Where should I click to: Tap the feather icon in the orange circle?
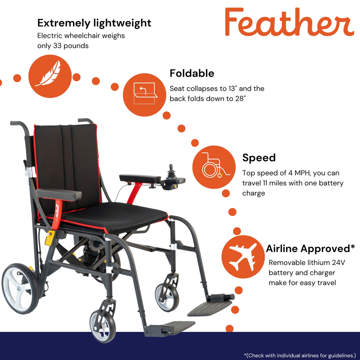50,76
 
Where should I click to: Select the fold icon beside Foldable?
144,95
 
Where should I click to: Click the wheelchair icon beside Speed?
214,167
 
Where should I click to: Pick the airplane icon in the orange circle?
243,257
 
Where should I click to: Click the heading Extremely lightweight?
94,23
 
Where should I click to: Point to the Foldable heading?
192,73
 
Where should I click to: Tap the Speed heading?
259,157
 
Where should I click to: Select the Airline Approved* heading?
310,248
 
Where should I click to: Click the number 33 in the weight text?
57,46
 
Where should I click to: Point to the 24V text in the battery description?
338,263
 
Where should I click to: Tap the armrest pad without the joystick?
59,194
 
